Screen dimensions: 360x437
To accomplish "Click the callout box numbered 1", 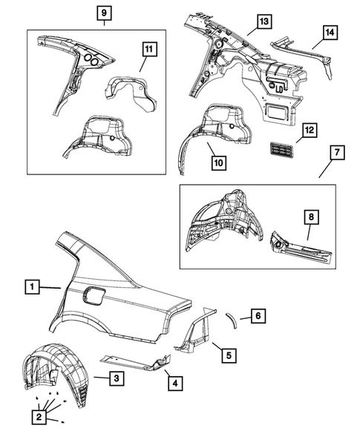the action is point(32,286).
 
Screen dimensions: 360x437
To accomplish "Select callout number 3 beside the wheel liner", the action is point(117,378).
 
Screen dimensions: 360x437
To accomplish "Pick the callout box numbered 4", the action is point(175,384).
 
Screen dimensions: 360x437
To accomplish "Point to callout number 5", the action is point(229,355).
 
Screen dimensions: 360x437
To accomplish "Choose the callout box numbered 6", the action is point(258,316).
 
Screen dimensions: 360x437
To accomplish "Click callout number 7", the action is point(338,152).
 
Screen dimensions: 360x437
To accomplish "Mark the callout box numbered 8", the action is point(311,217).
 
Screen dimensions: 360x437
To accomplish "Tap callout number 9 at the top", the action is point(104,13).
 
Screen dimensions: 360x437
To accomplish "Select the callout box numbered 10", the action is point(219,162).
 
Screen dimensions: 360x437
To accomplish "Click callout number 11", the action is point(149,49).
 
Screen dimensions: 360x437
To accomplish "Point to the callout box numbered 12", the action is point(310,130).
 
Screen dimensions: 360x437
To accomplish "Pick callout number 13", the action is point(264,22).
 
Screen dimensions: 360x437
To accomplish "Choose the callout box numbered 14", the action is point(330,33).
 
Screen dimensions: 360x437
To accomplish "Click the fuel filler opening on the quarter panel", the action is point(94,295).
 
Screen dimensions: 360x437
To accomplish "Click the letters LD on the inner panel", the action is point(279,89).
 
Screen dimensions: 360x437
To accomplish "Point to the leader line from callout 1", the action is point(50,287).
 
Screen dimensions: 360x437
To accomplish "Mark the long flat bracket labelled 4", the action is point(136,363).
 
